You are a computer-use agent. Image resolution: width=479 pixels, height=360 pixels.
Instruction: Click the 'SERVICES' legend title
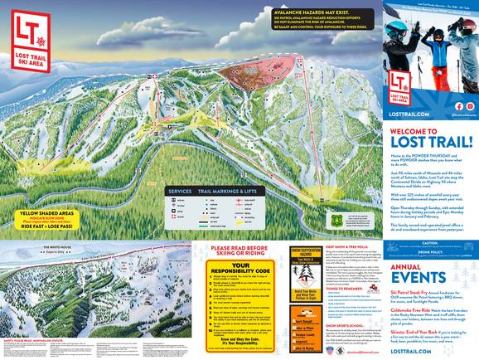180,190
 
